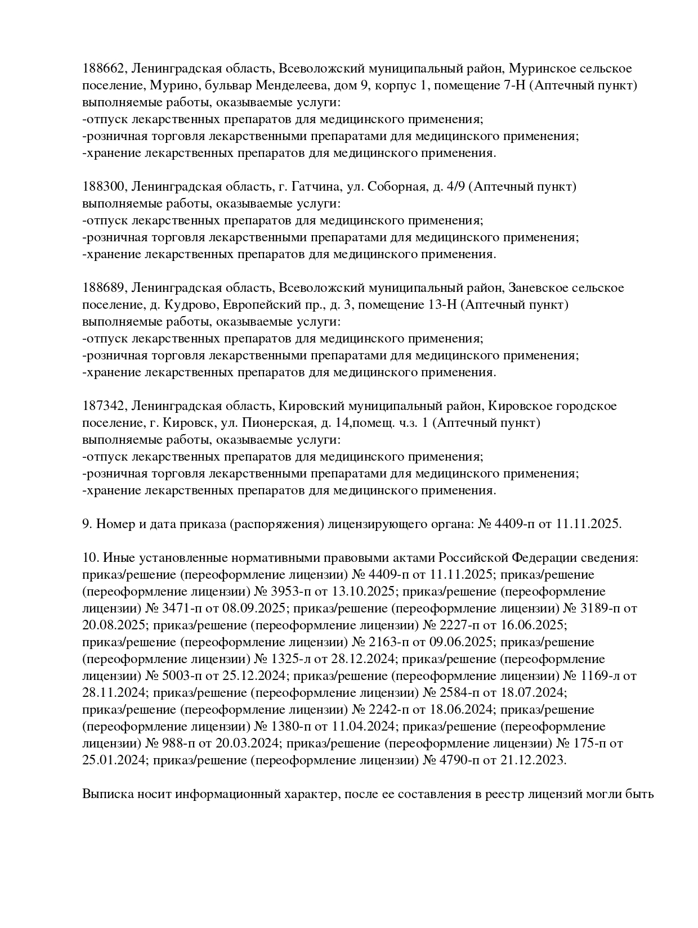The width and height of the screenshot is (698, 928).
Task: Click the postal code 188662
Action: pyautogui.click(x=105, y=69)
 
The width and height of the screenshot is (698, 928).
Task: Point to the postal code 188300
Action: pyautogui.click(x=105, y=187)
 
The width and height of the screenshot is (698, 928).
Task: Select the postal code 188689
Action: pyautogui.click(x=105, y=288)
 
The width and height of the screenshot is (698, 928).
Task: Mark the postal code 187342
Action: pyautogui.click(x=105, y=406)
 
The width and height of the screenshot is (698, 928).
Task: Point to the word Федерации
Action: pyautogui.click(x=543, y=558)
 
